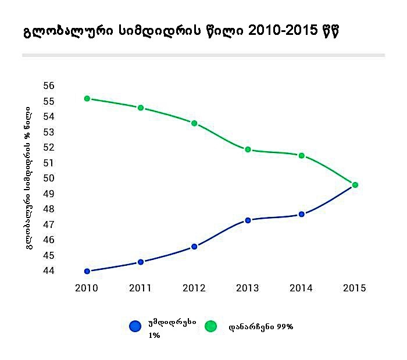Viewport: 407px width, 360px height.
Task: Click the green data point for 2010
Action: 87,99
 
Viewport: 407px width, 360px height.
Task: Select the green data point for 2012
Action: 194,123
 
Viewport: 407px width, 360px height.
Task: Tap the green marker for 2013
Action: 248,149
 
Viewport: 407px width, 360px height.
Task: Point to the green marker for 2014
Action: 301,155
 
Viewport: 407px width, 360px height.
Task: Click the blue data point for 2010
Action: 87,271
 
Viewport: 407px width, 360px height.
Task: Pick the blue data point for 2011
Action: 141,262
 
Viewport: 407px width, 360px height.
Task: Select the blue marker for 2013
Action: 248,220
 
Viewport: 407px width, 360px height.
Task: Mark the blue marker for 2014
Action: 301,214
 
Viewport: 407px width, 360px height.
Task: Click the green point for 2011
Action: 141,108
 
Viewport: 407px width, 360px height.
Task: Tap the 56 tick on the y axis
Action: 49,86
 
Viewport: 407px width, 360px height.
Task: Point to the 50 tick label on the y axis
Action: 49,179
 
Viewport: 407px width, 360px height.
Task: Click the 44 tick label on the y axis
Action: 49,271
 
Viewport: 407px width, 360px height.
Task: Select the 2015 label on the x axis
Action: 355,288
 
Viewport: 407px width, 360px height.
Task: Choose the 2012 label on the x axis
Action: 194,288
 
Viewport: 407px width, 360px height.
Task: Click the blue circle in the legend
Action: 135,326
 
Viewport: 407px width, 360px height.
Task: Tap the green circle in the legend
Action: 210,326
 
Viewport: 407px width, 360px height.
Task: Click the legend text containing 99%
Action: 261,327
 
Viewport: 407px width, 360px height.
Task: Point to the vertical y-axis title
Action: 28,178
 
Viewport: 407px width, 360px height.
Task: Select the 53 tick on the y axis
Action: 49,132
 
